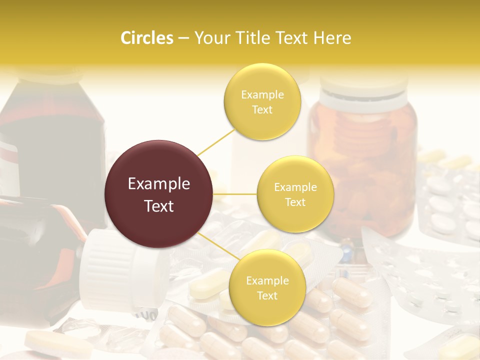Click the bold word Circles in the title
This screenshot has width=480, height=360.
coord(147,38)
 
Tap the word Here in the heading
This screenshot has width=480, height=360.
coord(332,38)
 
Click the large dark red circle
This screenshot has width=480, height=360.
coord(159,194)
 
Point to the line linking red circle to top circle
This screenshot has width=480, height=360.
coord(216,142)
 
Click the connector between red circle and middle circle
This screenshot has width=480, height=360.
coord(235,194)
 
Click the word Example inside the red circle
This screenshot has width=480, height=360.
coord(159,184)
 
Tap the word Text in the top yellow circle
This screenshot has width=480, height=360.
coord(262,109)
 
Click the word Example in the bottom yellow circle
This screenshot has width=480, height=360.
coord(267,280)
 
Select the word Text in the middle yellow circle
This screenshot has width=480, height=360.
coord(295,202)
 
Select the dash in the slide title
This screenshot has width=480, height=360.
coord(183,38)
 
